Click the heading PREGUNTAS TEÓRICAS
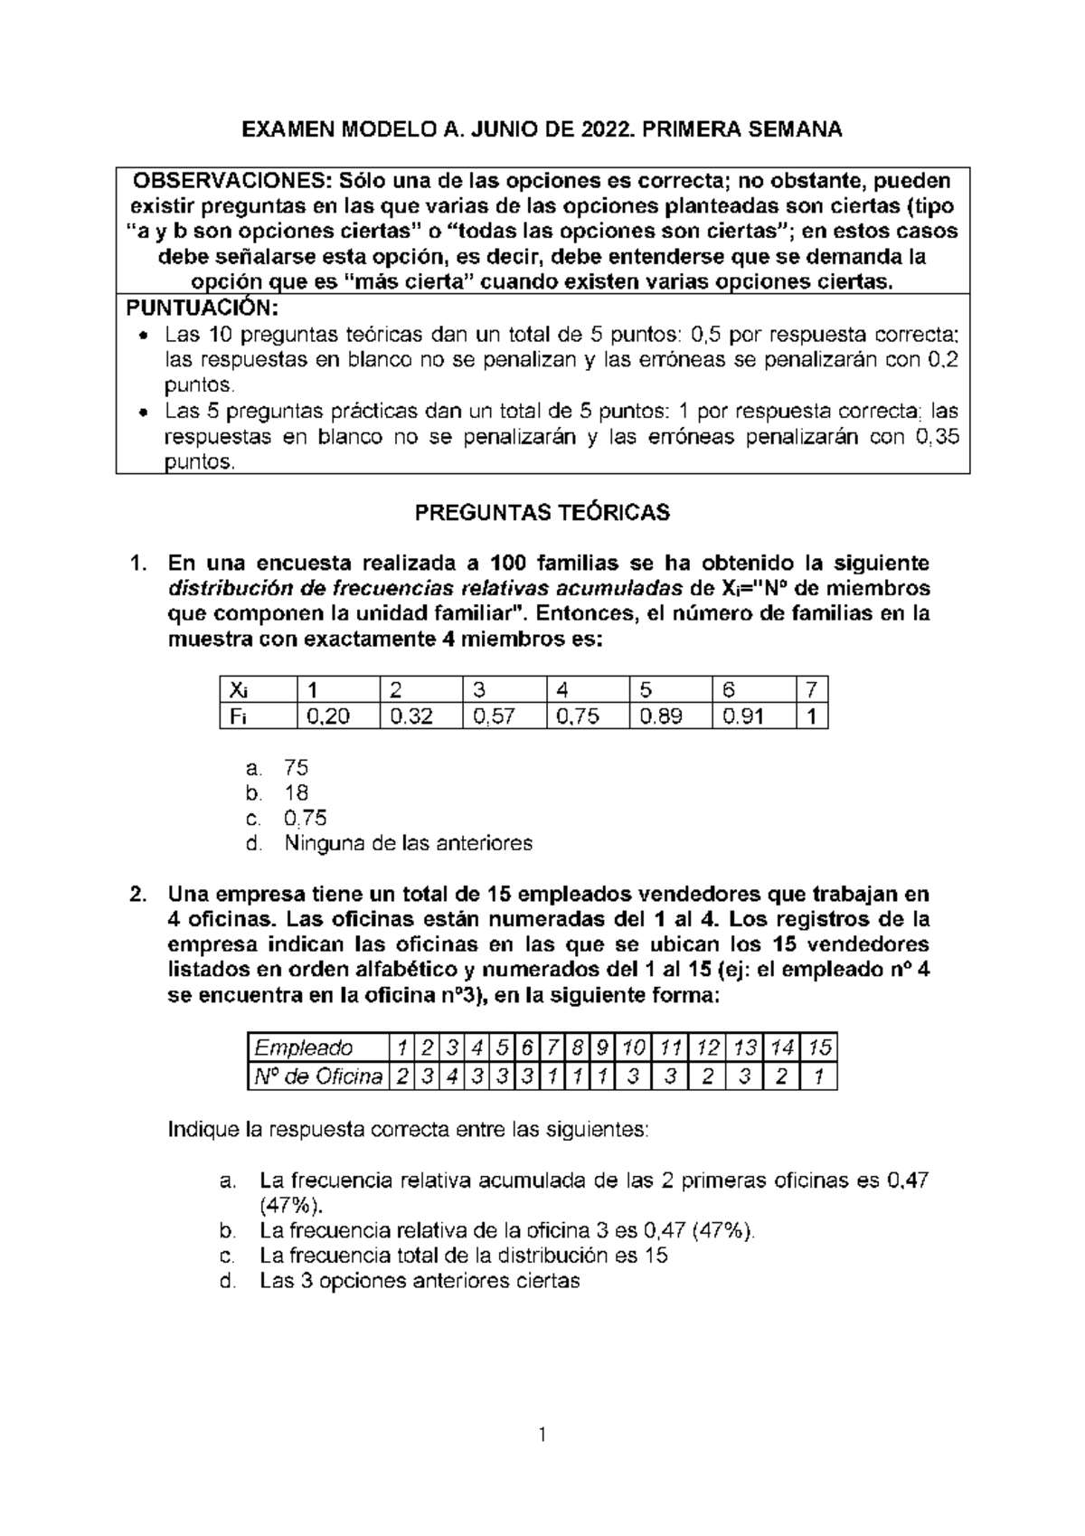(x=542, y=513)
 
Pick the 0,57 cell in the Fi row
(x=498, y=717)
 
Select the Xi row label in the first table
(x=238, y=690)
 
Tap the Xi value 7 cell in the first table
(x=811, y=690)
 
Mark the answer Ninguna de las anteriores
(x=408, y=843)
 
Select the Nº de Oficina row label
(x=316, y=1077)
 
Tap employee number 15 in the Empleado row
(x=819, y=1048)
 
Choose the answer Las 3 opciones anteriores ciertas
(x=420, y=1281)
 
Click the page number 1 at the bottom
(x=542, y=1434)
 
